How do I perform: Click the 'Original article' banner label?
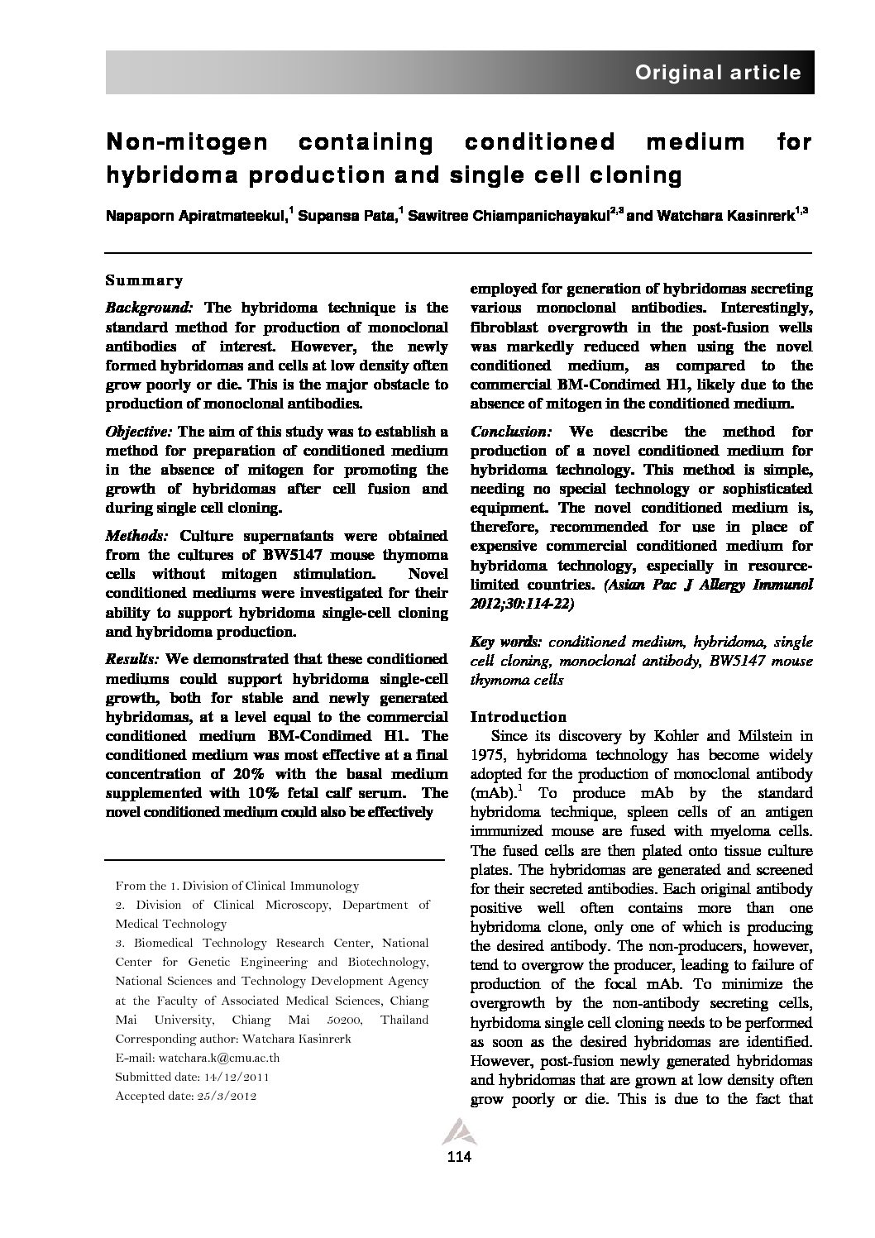click(x=717, y=73)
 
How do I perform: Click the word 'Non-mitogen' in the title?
click(x=186, y=142)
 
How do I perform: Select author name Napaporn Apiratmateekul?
click(x=195, y=216)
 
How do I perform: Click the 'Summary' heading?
click(x=144, y=280)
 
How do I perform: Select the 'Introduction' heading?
click(x=518, y=717)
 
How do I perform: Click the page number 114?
click(x=458, y=1157)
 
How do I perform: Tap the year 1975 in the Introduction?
click(x=487, y=755)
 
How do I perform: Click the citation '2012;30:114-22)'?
click(x=521, y=604)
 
